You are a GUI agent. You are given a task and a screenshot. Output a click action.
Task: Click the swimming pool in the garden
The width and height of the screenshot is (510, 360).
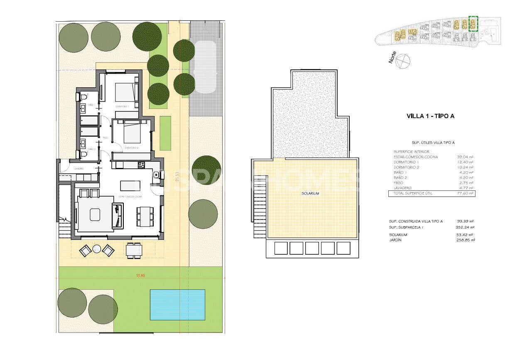177,305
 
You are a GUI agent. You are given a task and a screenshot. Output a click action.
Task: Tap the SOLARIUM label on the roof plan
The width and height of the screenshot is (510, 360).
310,193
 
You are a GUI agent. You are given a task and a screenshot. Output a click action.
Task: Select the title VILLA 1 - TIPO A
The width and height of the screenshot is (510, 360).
430,116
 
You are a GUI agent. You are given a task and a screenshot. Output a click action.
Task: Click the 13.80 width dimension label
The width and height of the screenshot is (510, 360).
140,275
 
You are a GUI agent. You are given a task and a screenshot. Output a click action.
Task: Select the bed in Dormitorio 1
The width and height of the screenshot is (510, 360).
126,92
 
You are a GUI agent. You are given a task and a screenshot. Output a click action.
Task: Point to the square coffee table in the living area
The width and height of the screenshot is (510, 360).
95,214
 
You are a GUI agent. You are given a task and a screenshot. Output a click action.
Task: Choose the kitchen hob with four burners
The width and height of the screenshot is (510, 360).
141,165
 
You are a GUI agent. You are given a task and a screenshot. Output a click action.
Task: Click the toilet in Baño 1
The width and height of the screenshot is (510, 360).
83,97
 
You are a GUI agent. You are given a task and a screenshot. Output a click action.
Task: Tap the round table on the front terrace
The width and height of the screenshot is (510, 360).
97,249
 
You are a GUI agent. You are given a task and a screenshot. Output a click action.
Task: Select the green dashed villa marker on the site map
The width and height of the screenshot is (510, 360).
473,24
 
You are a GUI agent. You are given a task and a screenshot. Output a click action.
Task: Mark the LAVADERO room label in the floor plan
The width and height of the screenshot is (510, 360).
79,169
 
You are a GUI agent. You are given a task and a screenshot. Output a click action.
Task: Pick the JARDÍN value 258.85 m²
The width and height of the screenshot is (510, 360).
465,240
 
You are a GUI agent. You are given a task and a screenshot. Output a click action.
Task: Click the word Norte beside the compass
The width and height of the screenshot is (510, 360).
392,57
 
